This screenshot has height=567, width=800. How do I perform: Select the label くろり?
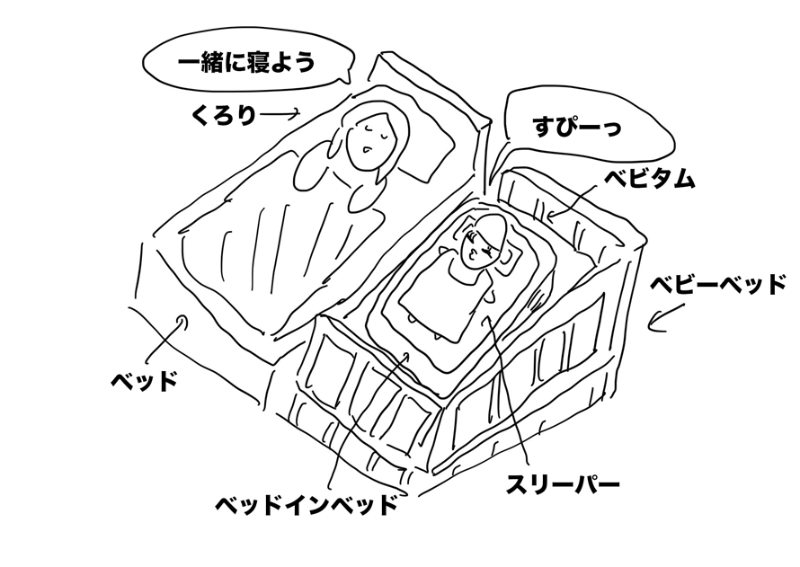coord(224,114)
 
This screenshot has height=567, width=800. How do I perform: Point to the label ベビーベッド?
coord(719,285)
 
